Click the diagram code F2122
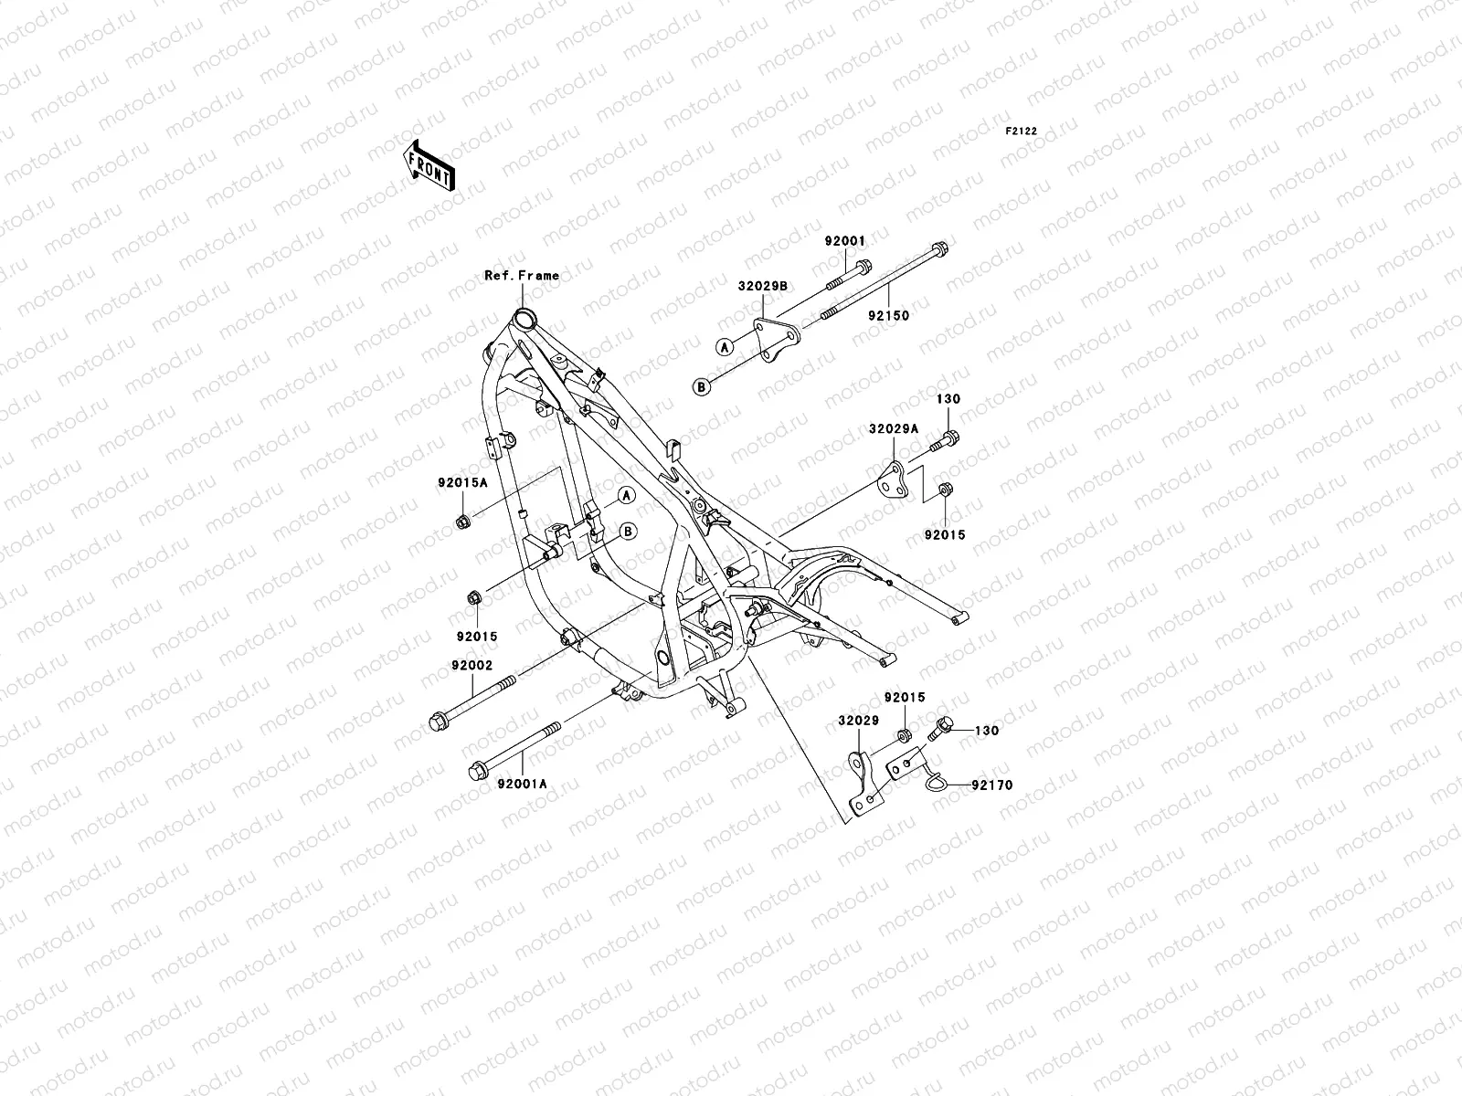tap(1022, 132)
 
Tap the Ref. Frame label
tap(522, 275)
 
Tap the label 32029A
tap(894, 427)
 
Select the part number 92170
tap(992, 785)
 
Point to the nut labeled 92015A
tap(463, 522)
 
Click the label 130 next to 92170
tap(987, 731)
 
